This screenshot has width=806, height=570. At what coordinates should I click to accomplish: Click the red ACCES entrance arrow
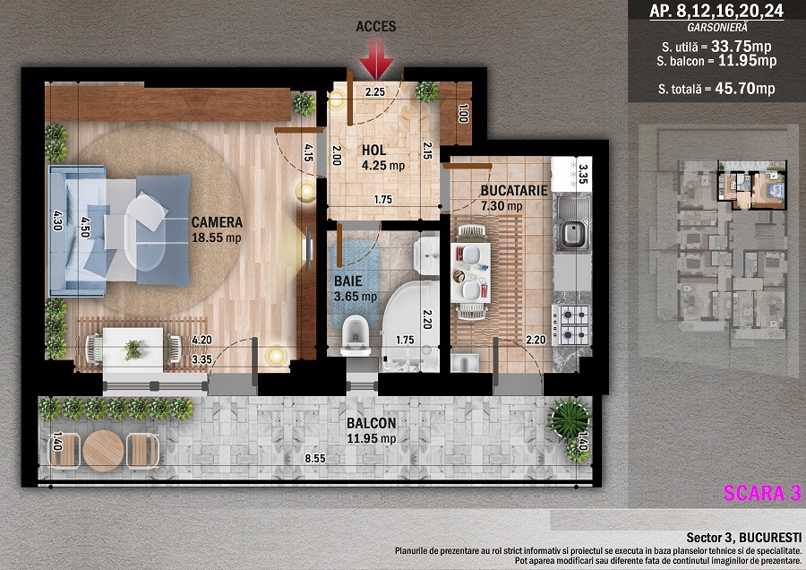point(376,58)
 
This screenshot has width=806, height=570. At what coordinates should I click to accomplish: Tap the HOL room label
point(373,151)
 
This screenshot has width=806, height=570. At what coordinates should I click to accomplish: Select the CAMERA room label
point(217,222)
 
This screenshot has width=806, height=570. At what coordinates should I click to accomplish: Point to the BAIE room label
point(348,281)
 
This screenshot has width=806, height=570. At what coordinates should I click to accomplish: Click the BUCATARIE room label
point(514,190)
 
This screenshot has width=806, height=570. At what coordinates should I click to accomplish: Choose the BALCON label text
point(371,423)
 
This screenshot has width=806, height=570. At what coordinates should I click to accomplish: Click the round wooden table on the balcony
point(103,451)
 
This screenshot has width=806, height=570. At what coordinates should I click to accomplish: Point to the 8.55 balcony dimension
point(314,458)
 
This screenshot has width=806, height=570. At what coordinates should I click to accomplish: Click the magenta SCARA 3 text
point(762,493)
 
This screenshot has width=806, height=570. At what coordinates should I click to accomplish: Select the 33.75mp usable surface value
point(742,47)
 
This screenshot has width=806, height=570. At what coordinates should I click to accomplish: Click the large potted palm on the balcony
point(569,420)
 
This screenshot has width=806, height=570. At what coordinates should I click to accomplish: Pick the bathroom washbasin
point(426,255)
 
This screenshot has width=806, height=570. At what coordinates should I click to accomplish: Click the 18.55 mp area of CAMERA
point(217,237)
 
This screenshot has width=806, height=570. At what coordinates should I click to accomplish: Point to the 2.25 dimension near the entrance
point(374,92)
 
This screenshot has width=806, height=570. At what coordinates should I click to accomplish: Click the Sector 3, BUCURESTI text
point(744,538)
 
